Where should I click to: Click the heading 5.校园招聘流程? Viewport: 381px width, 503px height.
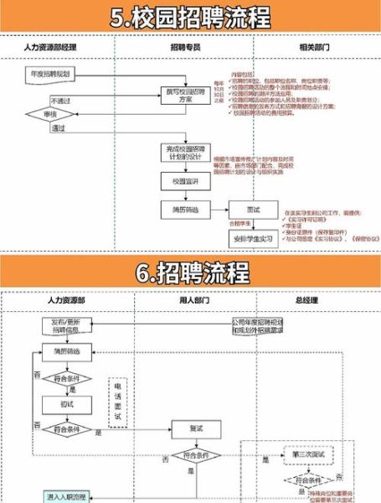point(191,17)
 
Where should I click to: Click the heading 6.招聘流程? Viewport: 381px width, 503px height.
point(191,273)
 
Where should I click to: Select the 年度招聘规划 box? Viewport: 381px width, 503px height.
point(50,75)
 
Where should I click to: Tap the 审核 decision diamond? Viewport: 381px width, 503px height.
point(50,113)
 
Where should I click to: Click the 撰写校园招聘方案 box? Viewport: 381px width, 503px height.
point(185,95)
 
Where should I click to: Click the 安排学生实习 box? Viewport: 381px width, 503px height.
point(254,239)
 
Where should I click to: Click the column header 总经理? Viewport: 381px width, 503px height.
point(309,299)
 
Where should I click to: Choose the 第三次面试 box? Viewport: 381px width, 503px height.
point(314,454)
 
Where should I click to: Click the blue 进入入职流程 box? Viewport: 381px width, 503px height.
point(68,497)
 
